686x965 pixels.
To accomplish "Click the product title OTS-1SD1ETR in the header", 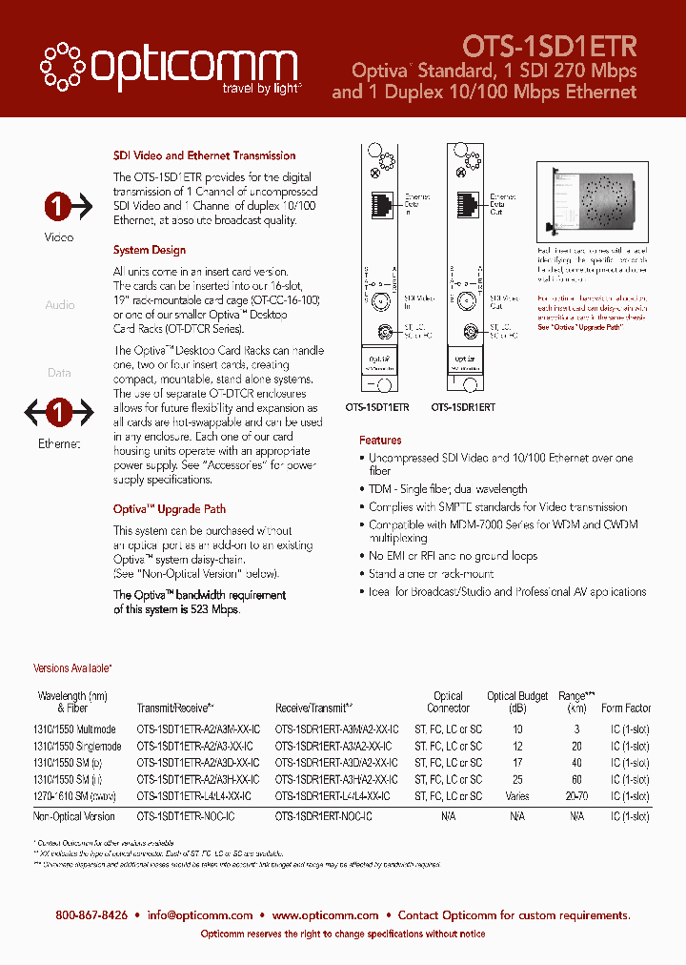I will click(550, 45).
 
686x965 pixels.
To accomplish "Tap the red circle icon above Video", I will click(59, 205).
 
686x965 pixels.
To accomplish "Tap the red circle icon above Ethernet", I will click(59, 413).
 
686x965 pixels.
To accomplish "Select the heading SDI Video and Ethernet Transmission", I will click(204, 155).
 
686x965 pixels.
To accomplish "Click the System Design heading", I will click(150, 250).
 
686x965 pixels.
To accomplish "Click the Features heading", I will click(380, 441).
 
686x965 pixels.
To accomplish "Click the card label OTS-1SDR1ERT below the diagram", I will click(463, 407).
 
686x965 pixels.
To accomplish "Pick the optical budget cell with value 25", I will click(517, 779).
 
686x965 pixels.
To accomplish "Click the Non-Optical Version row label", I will click(74, 816).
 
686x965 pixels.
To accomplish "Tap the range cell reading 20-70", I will click(576, 795).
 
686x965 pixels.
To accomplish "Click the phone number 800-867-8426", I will click(91, 914).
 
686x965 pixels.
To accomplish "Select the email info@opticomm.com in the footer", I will click(199, 914).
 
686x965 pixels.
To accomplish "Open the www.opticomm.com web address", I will click(325, 914).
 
